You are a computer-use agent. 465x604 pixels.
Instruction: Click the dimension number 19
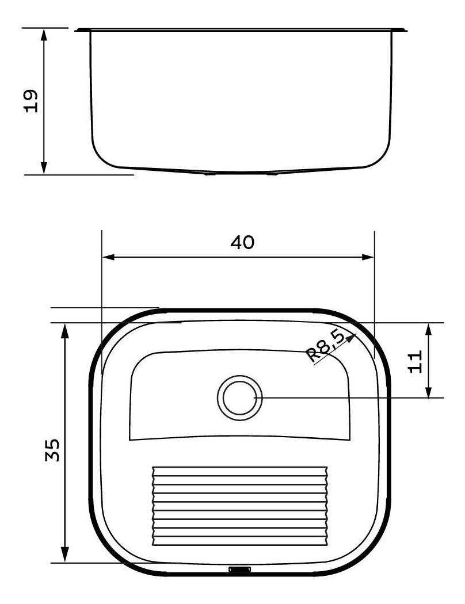31,101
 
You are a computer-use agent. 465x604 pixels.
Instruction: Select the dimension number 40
242,242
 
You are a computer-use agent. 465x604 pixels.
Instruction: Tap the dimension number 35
53,450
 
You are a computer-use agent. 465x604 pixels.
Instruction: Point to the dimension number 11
415,361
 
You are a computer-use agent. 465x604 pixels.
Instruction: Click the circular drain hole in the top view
239,398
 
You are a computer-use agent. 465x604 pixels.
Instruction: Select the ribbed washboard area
240,506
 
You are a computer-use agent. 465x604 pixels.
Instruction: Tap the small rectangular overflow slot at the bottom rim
239,569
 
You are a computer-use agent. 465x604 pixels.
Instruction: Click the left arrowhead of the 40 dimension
108,257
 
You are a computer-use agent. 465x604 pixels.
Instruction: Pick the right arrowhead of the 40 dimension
368,257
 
